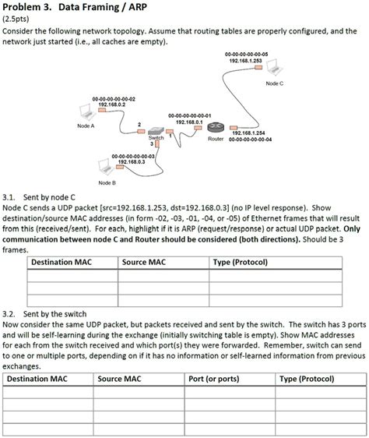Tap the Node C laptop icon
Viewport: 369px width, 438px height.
coord(273,71)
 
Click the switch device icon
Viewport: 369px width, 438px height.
coord(156,132)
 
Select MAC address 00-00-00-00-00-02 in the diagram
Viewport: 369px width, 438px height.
coord(114,99)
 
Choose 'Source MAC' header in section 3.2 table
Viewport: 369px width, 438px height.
coord(119,380)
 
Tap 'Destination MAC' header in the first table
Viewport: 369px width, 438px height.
coord(58,262)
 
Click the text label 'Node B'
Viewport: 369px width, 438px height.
coord(107,182)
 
